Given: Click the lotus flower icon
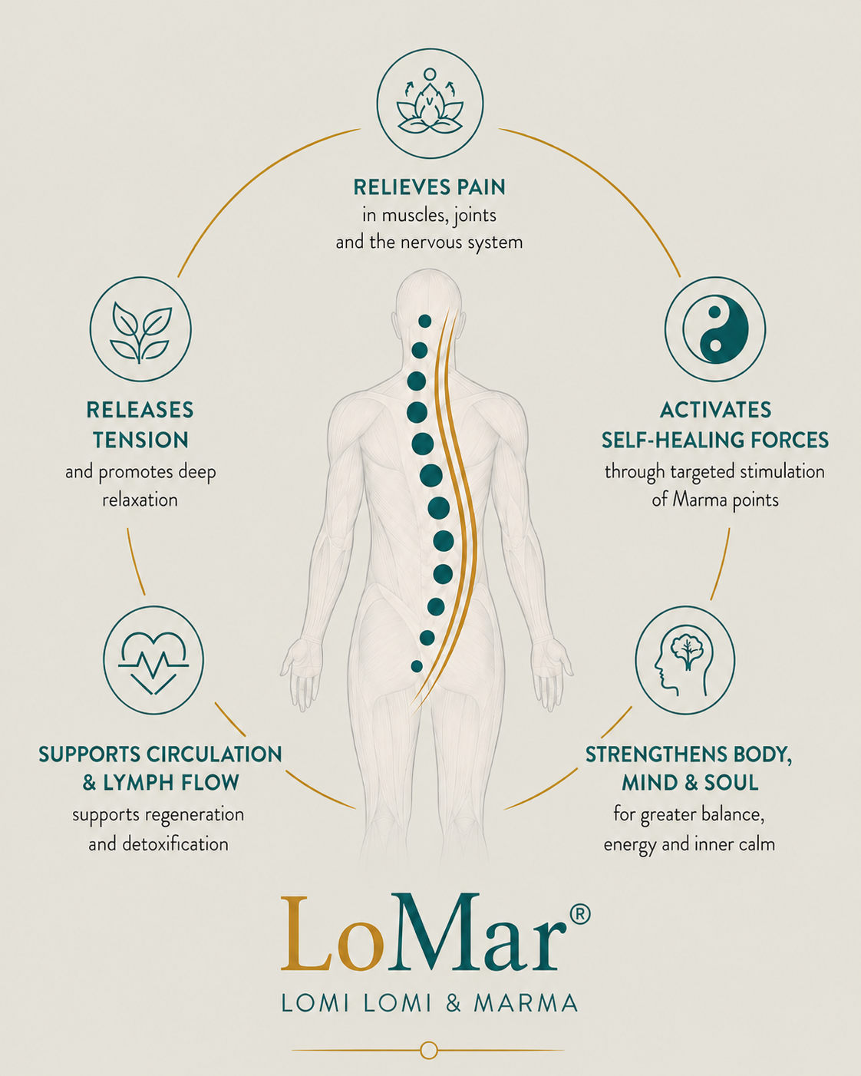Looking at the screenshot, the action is point(430,103).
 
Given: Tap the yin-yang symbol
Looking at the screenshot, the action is point(715,329).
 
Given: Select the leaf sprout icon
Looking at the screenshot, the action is point(140,331).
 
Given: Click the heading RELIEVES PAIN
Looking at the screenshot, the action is point(430,187).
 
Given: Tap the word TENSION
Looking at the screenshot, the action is point(140,441).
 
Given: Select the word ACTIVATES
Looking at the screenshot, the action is point(715,411).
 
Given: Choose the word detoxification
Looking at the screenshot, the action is point(175,844).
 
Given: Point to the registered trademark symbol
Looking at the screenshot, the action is point(580,913).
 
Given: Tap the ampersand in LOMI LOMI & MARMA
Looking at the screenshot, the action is point(453,1002).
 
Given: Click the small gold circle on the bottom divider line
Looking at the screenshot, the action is point(428,1050).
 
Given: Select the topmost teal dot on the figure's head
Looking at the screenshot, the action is point(425,321).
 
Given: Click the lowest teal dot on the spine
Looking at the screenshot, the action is point(417,666).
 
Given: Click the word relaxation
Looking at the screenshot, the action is point(140,500).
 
